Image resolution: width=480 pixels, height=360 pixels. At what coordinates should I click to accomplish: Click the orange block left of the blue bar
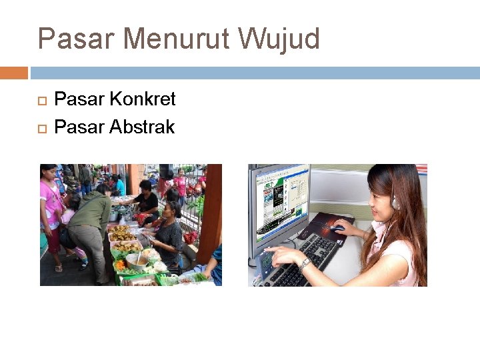point(13,73)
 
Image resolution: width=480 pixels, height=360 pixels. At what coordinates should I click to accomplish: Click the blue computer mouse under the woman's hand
point(337,229)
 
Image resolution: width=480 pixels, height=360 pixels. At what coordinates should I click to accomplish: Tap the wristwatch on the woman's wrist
point(305,264)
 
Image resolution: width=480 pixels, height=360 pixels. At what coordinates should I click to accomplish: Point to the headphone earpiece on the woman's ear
point(395,202)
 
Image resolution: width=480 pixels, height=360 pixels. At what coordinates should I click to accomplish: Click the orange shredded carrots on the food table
point(120,265)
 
